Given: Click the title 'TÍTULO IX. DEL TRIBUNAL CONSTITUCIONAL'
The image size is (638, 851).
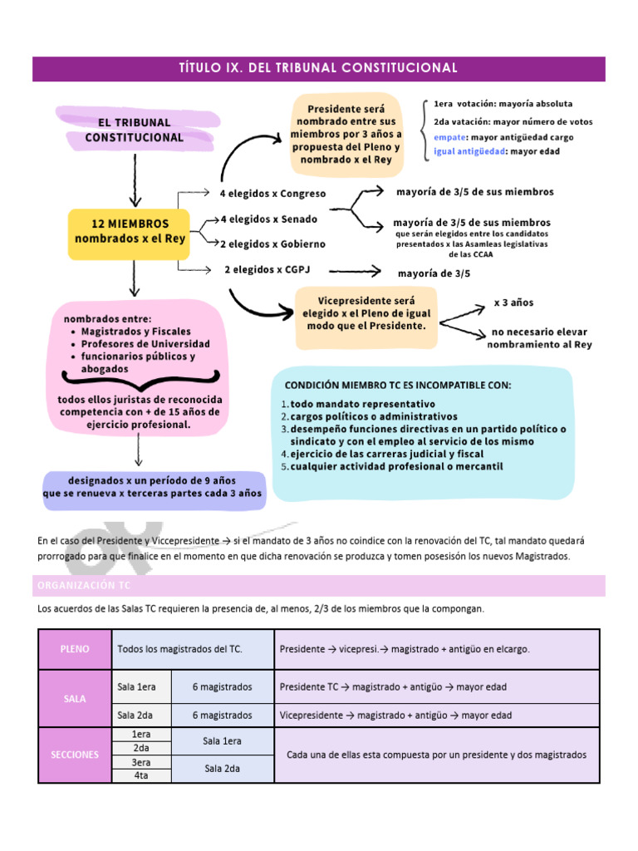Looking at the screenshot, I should (318, 67).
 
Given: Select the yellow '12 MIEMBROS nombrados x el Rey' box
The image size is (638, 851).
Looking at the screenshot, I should (130, 231).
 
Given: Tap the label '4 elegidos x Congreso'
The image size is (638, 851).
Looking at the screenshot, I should (272, 194).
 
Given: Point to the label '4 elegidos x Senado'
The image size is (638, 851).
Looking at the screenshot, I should (268, 219).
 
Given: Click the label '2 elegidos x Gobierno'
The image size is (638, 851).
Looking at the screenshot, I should (272, 244).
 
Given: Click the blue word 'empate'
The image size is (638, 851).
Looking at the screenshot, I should (449, 137).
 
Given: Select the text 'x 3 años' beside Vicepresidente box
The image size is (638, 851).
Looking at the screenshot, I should (514, 303).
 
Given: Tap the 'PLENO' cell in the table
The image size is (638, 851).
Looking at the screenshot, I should (75, 648).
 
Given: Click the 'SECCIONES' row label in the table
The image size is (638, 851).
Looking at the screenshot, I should (75, 755).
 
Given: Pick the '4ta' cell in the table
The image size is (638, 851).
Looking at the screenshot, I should (140, 775).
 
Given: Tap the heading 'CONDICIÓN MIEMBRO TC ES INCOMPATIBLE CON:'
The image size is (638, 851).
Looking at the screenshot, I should (398, 386).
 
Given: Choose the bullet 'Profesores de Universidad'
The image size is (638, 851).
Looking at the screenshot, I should (145, 344).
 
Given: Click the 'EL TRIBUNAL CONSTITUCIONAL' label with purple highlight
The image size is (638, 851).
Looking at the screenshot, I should (134, 130).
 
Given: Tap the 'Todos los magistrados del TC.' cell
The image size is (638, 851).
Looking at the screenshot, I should (180, 648).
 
